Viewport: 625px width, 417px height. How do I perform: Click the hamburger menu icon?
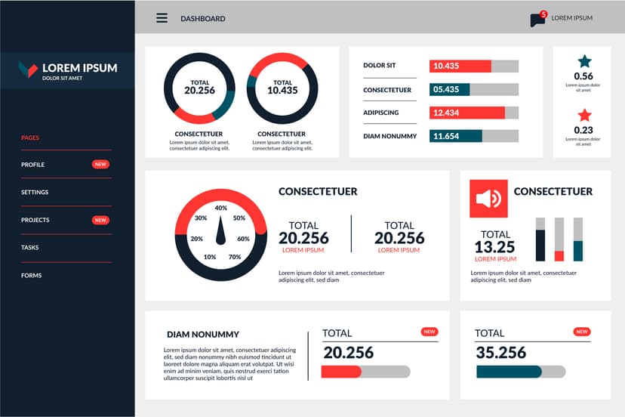pyautogui.click(x=162, y=18)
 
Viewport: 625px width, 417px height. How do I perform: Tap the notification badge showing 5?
pyautogui.click(x=543, y=14)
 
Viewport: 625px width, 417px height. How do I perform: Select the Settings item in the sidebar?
pyautogui.click(x=35, y=193)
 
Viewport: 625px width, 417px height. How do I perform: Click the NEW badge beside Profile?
pyautogui.click(x=100, y=164)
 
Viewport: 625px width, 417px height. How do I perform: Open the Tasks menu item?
pyautogui.click(x=30, y=248)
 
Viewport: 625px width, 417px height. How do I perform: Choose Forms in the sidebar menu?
pyautogui.click(x=32, y=276)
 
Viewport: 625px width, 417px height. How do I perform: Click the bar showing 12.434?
pyautogui.click(x=466, y=113)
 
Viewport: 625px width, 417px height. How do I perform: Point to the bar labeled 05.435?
pyautogui.click(x=449, y=89)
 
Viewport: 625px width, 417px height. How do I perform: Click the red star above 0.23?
pyautogui.click(x=584, y=116)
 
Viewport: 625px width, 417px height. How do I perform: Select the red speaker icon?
pyautogui.click(x=488, y=199)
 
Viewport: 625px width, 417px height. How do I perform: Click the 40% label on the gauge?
pyautogui.click(x=221, y=208)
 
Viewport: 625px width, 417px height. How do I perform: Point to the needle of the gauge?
pyautogui.click(x=221, y=231)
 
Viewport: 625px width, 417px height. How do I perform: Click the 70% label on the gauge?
pyautogui.click(x=235, y=257)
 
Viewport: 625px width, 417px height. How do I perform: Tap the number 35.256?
pyautogui.click(x=500, y=353)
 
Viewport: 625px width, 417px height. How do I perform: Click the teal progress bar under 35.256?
pyautogui.click(x=509, y=372)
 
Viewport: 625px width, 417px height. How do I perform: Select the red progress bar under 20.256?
pyautogui.click(x=341, y=372)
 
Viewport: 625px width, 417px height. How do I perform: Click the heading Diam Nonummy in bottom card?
pyautogui.click(x=203, y=334)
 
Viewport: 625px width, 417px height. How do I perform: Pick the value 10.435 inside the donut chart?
pyautogui.click(x=282, y=91)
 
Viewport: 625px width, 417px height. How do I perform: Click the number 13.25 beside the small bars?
pyautogui.click(x=494, y=247)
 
